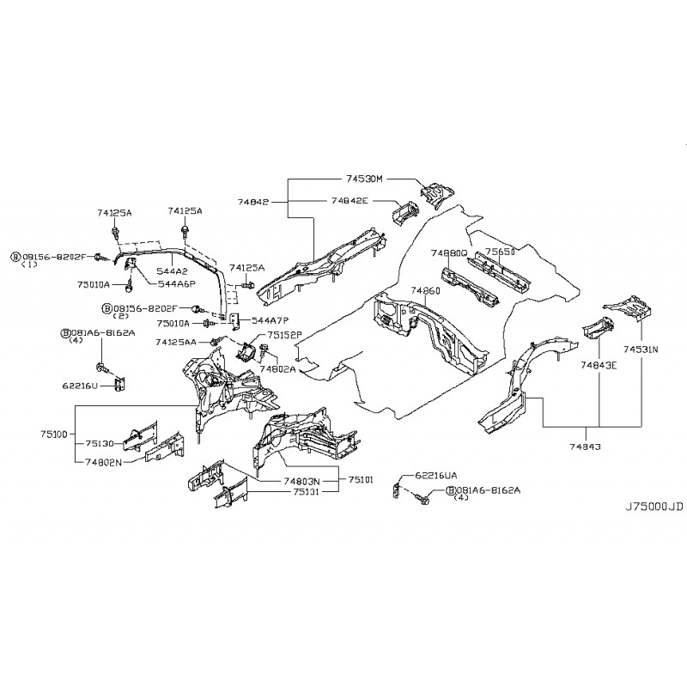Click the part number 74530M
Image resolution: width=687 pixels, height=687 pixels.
[363, 179]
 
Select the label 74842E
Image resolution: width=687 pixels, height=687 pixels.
[349, 200]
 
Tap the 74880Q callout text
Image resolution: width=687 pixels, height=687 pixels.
[449, 253]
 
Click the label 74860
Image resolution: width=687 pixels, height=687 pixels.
[424, 291]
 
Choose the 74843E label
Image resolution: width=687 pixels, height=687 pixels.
[599, 365]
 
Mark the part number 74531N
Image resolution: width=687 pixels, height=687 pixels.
[641, 350]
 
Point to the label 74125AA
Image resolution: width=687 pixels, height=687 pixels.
[175, 342]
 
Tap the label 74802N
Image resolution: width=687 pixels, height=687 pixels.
[102, 462]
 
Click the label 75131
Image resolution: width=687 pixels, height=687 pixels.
[307, 492]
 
